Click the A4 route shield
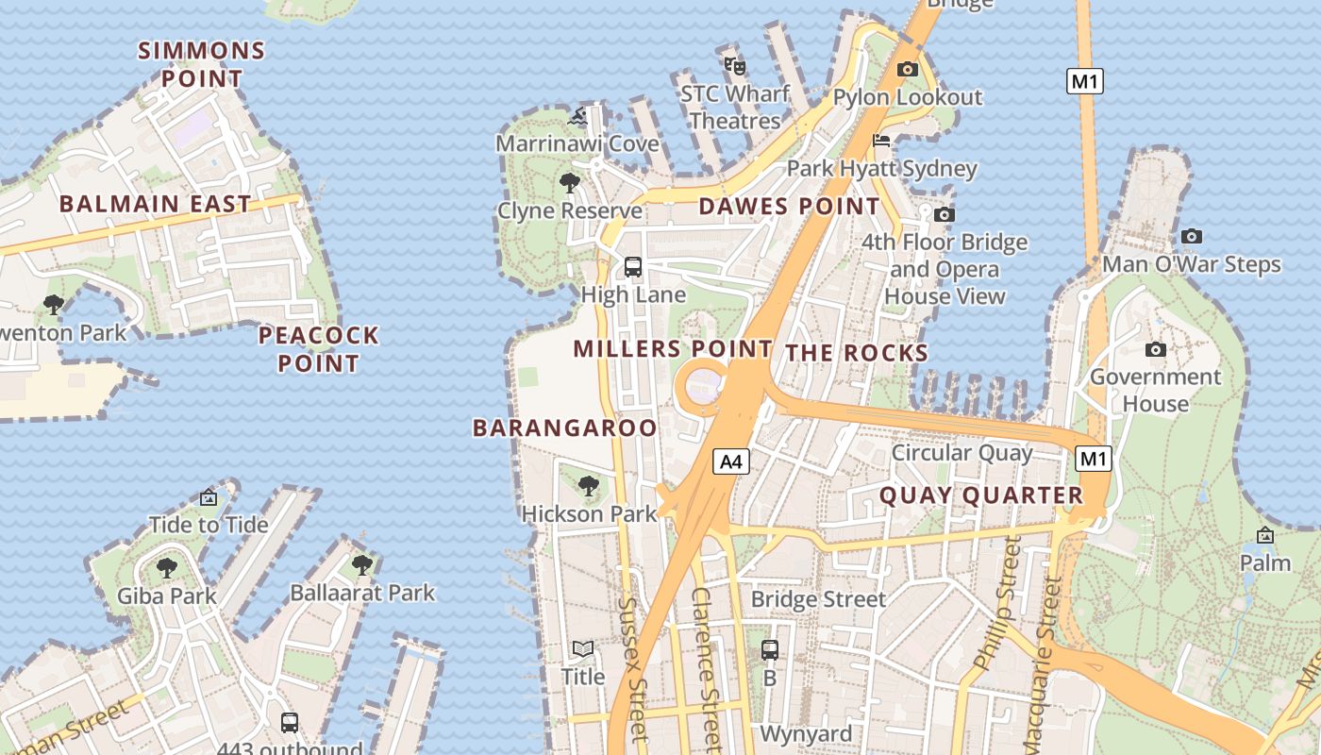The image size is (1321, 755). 731,461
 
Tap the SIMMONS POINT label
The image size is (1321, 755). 201,64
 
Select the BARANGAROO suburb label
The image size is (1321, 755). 564,428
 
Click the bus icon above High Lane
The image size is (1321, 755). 633,267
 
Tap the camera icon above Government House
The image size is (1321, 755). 1155,350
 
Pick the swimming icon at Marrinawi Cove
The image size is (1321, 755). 577,117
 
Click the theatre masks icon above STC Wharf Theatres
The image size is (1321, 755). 735,66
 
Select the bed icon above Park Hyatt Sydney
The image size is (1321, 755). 881,141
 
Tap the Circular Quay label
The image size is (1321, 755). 961,453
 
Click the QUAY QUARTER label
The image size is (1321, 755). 981,495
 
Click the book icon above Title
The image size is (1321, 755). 583,649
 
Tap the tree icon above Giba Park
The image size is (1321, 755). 167,568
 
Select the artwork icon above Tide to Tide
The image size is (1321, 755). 209,497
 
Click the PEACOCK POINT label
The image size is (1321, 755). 318,349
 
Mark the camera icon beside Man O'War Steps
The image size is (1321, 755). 1192,237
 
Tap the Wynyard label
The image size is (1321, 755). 806,733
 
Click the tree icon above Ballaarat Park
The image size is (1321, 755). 361,565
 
